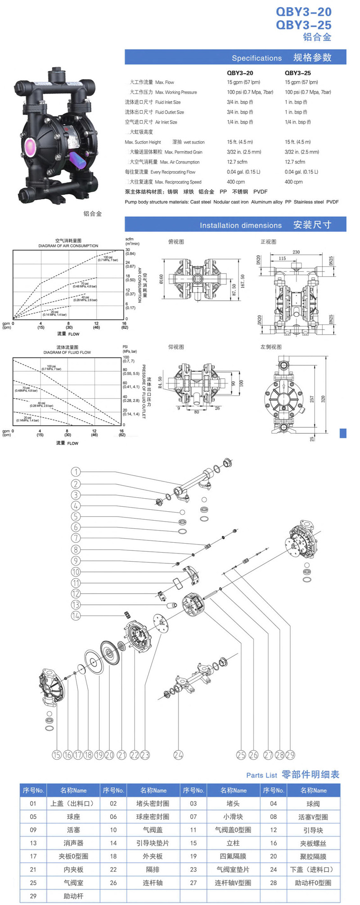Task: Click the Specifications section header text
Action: [256, 58]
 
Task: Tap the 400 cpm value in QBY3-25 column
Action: [293, 182]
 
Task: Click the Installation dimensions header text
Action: [241, 225]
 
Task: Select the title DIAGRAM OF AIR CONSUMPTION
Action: [68, 246]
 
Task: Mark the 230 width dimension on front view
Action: [296, 252]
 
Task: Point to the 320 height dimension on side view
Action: [323, 399]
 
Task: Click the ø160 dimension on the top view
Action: [161, 279]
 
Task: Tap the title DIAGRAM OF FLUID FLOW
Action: [67, 352]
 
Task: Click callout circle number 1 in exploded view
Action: [76, 472]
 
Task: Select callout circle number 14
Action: [76, 616]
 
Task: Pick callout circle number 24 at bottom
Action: [178, 755]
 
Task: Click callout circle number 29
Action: [290, 755]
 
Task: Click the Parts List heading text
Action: [261, 775]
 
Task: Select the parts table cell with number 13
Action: [33, 843]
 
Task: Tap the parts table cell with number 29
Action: [33, 896]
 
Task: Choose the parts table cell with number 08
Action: [273, 816]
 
